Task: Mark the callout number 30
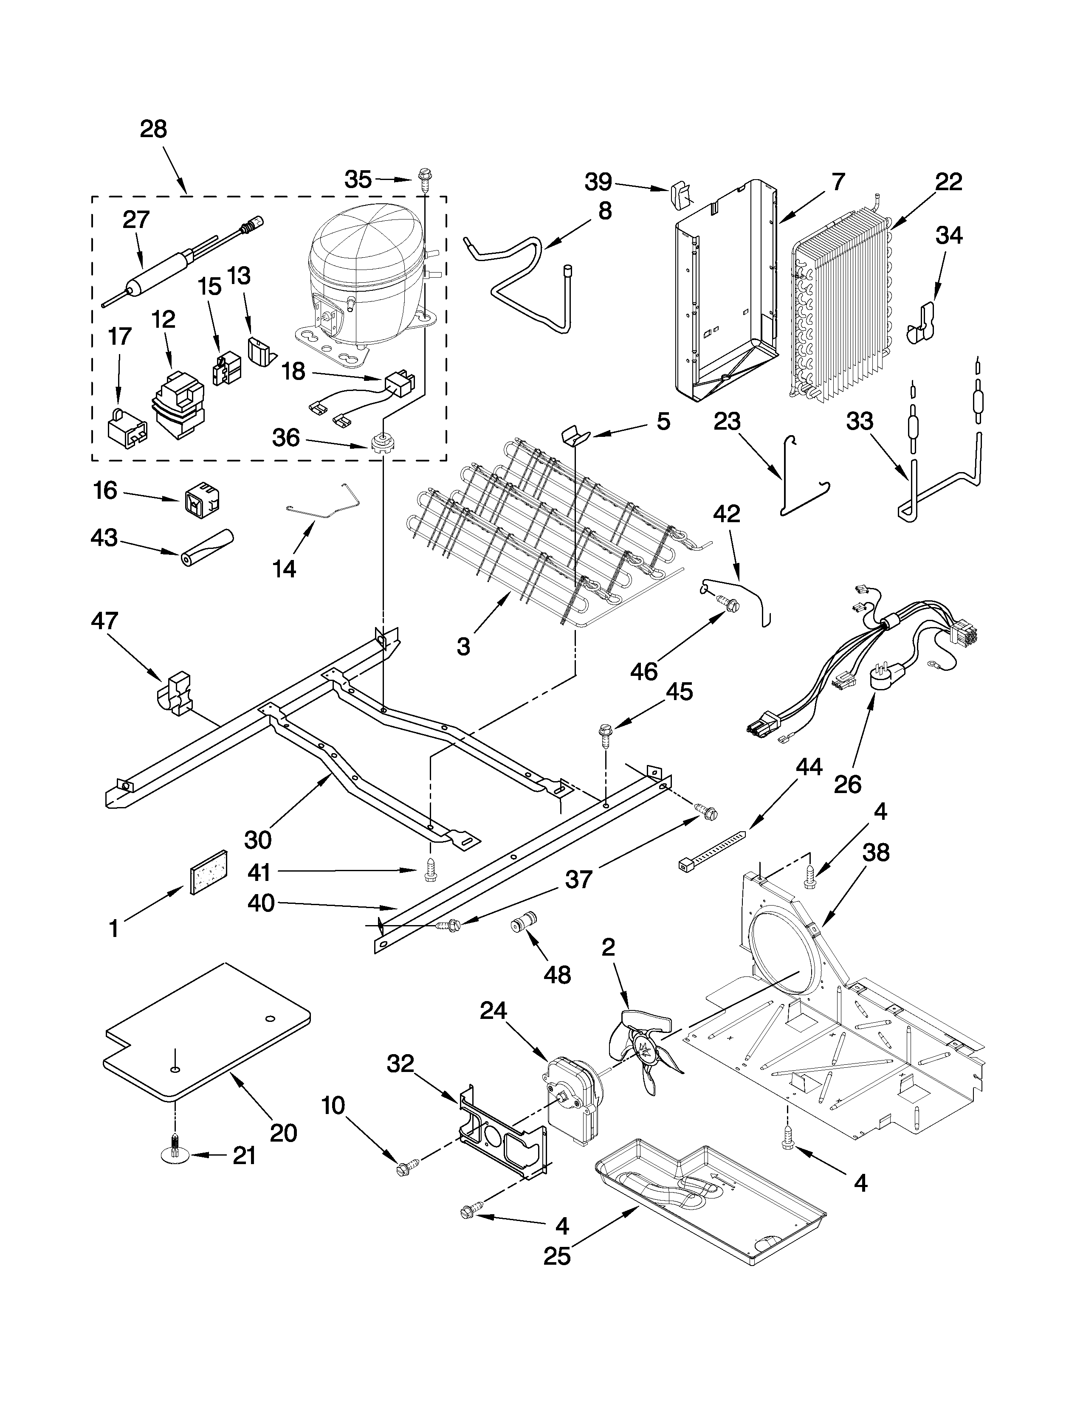click(x=258, y=839)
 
